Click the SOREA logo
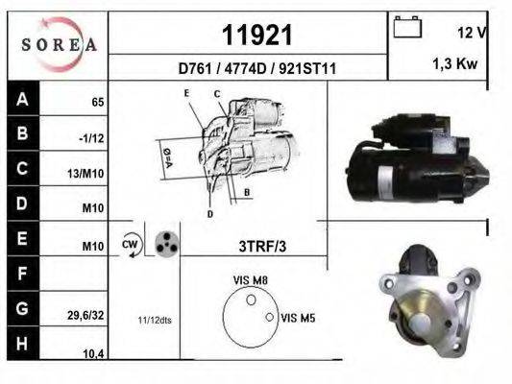60,44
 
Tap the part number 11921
257,36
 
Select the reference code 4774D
246,68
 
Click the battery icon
407,27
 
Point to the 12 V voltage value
472,33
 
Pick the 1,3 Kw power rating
455,63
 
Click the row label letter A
22,99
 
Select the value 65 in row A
98,103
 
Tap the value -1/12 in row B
91,138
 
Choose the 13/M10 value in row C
85,174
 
